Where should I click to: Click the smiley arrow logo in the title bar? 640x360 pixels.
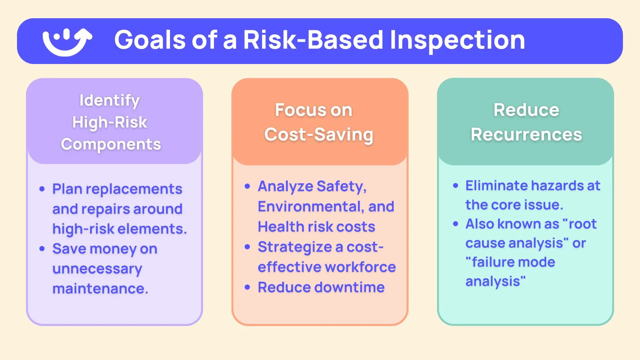(x=67, y=41)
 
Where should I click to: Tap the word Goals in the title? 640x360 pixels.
(x=150, y=40)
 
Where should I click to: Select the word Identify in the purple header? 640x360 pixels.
(x=109, y=100)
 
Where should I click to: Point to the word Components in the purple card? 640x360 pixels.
(x=111, y=144)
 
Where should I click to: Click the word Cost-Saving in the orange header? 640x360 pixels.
(x=319, y=135)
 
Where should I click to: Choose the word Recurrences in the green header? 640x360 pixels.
(x=526, y=135)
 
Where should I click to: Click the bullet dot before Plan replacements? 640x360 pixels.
(x=42, y=189)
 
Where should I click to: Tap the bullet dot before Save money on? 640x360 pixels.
(x=42, y=249)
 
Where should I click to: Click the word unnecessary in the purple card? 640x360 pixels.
(x=97, y=269)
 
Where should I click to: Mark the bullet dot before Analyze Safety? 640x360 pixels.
(x=247, y=186)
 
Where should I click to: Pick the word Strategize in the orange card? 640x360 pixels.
(x=295, y=247)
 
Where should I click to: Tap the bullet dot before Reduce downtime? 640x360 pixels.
(x=247, y=287)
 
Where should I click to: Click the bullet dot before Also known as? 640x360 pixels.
(x=456, y=224)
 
